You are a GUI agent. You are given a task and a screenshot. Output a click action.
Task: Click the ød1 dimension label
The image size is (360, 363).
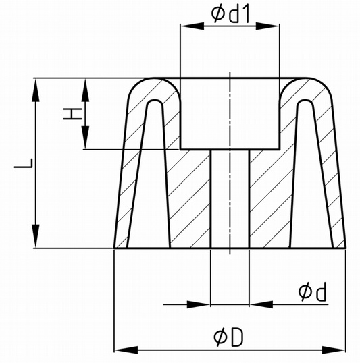click(230, 14)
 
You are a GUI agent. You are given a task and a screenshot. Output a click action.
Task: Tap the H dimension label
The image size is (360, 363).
click(72, 114)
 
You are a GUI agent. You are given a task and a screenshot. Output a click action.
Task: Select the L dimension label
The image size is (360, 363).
click(23, 163)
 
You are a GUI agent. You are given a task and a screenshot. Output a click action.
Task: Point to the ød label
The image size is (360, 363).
click(312, 291)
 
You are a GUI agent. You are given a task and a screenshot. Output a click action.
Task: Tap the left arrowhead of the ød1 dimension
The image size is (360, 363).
click(192, 26)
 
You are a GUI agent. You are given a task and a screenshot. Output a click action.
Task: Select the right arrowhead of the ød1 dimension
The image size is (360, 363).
click(267, 26)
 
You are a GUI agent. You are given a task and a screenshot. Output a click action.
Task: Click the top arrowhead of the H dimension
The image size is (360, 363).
click(85, 90)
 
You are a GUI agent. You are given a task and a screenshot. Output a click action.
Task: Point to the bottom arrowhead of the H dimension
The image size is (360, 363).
click(85, 138)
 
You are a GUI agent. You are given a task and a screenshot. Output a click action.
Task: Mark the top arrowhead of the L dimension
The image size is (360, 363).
click(36, 90)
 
